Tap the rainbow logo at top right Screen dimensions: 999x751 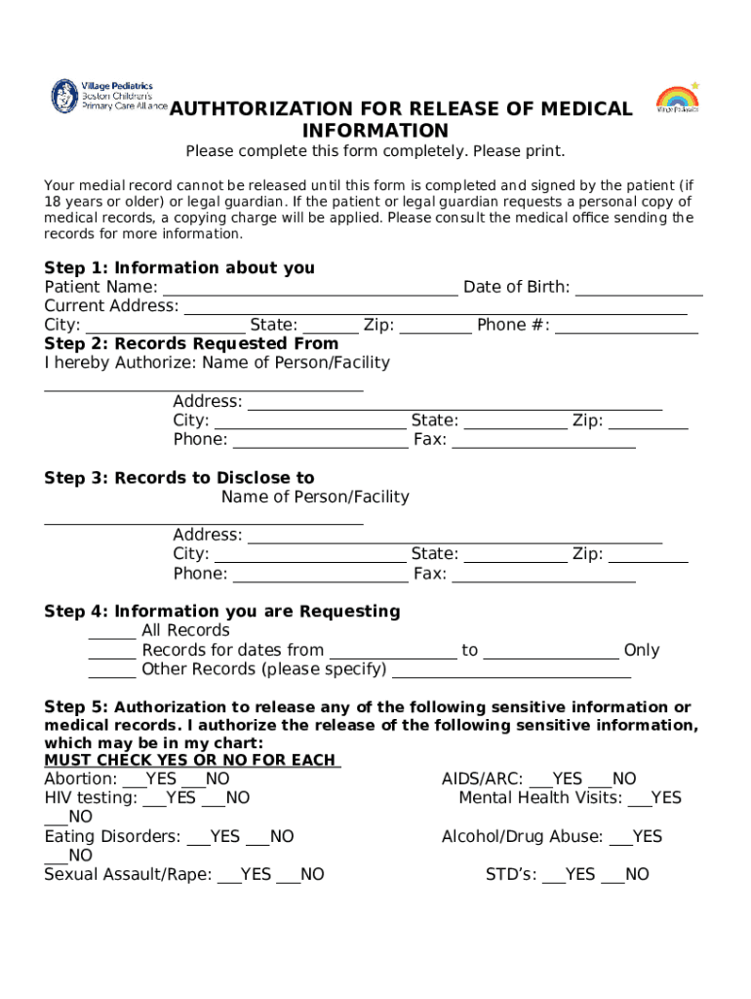pos(677,99)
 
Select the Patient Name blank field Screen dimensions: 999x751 pos(310,288)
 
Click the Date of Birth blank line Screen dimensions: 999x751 pos(640,288)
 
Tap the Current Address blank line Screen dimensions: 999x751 pos(435,307)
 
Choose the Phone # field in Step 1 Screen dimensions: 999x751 pos(626,326)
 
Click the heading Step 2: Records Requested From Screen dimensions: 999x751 pos(191,343)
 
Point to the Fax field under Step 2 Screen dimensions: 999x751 pos(543,440)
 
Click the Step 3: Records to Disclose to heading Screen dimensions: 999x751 pos(179,478)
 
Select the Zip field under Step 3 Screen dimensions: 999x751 pos(649,555)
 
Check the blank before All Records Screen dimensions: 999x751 pos(112,631)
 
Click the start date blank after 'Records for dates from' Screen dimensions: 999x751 pos(393,651)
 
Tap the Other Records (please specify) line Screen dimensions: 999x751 pos(511,670)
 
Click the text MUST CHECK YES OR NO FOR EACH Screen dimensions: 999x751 pos(191,760)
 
